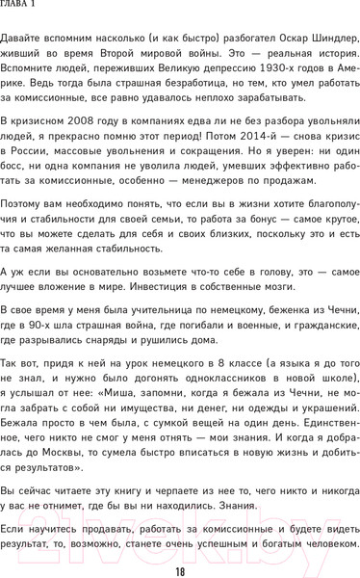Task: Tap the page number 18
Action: (180, 571)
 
